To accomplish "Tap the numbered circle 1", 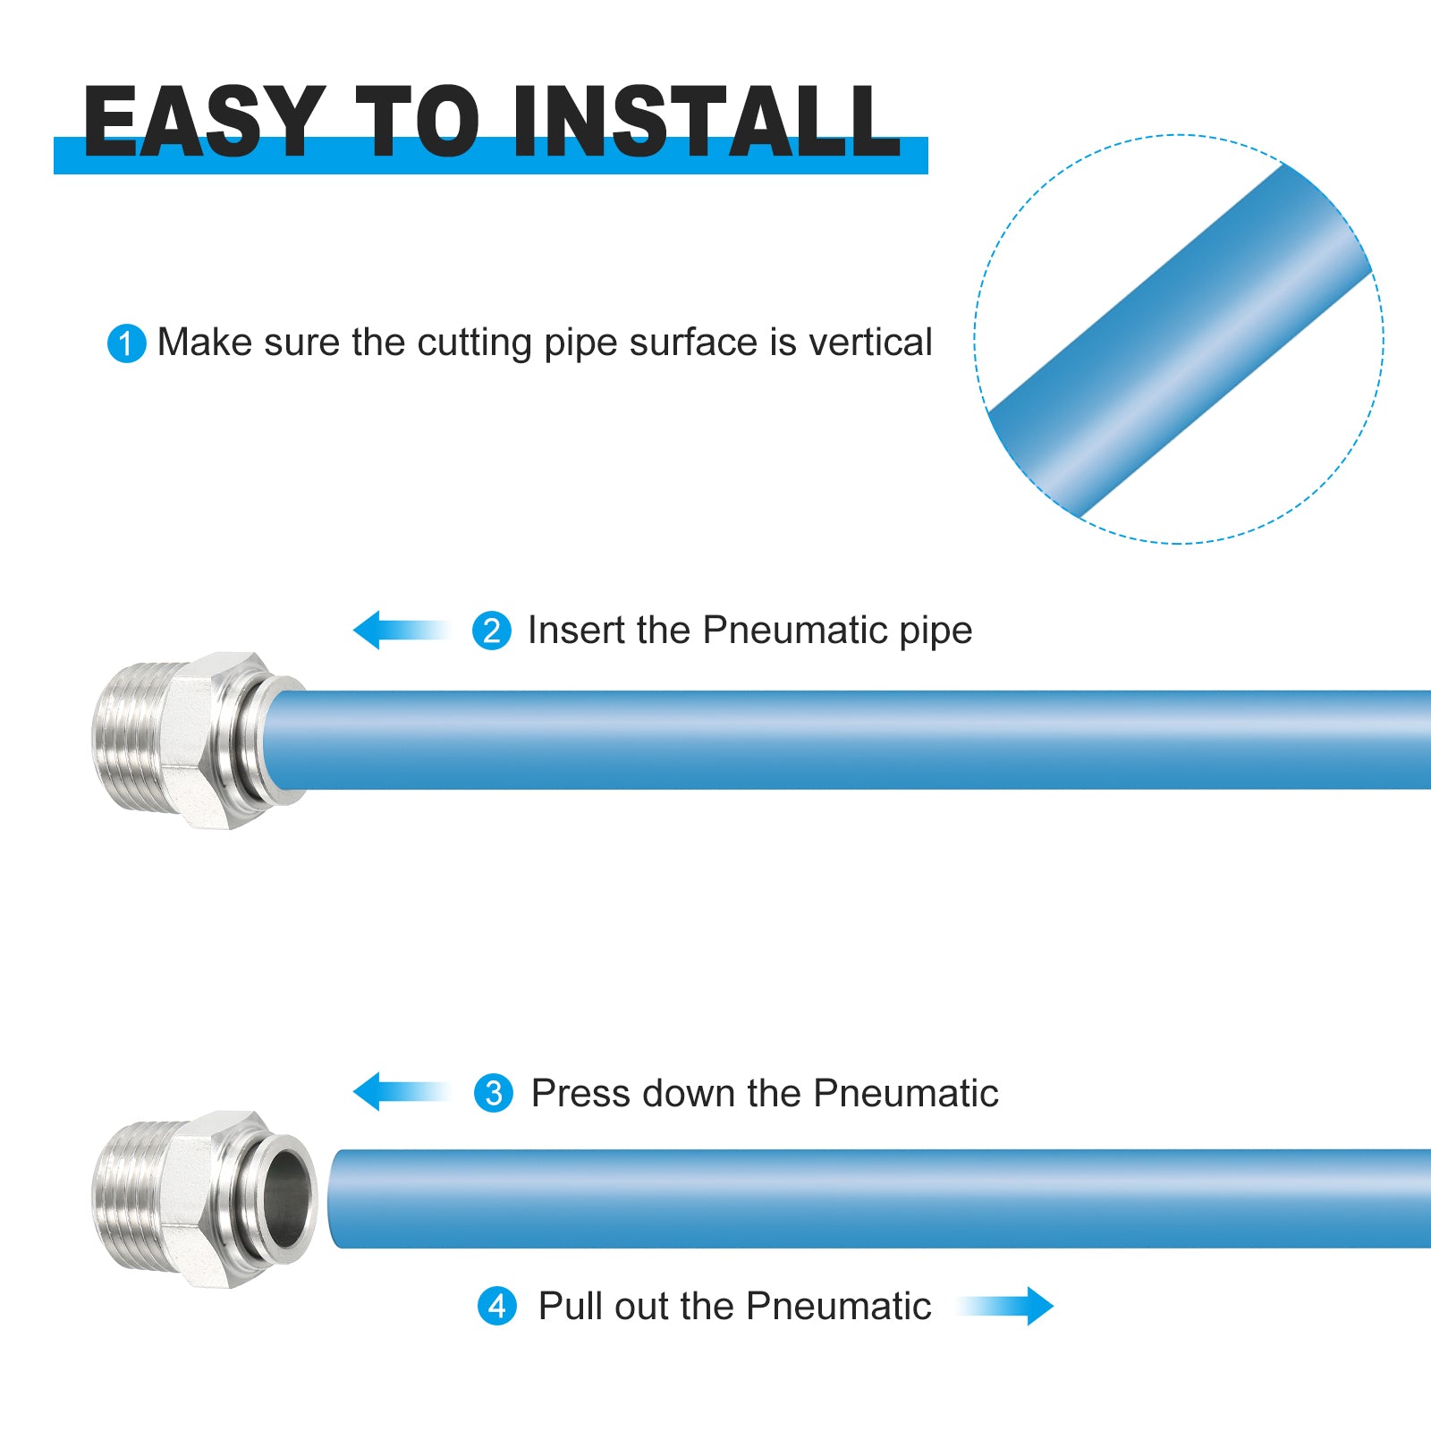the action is click(126, 343).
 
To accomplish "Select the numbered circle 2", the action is click(492, 631).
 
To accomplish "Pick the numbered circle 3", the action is click(494, 1093).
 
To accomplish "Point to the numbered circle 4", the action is click(497, 1307).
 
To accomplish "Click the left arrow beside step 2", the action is click(402, 630).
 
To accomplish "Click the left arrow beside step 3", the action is click(402, 1091).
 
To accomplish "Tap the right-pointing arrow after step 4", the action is click(1005, 1306).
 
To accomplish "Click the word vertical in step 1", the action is click(870, 343).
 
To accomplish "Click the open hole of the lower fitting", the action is click(291, 1198).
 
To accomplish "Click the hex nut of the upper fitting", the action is click(217, 741).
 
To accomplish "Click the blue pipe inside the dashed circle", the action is click(1180, 341).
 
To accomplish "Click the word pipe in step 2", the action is click(936, 632).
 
